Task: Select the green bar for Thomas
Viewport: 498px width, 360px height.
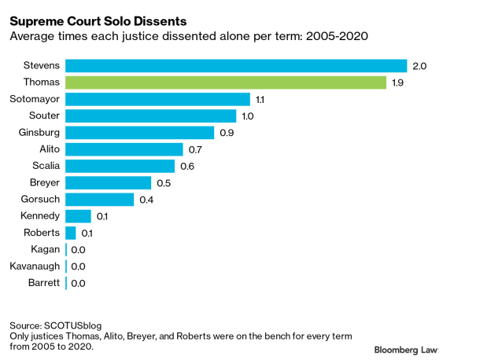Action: coord(226,83)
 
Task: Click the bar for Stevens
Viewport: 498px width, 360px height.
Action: coord(236,66)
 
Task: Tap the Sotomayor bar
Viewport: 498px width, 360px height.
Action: coord(157,99)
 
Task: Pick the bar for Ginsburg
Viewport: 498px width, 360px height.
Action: coord(139,133)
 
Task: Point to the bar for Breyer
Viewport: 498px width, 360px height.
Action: coord(108,182)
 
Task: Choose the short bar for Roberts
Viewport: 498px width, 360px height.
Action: coord(71,233)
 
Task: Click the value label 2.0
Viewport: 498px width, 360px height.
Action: coord(419,66)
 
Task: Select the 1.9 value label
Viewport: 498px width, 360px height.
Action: coord(399,83)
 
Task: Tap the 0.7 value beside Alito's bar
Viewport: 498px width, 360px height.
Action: coord(195,149)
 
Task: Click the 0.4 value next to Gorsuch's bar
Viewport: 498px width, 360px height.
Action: coord(146,200)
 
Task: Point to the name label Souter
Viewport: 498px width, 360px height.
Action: coord(43,116)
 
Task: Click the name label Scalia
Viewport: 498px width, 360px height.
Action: coord(45,166)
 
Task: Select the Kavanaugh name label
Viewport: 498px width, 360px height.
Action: coord(35,266)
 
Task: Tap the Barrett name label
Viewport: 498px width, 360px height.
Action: coord(43,283)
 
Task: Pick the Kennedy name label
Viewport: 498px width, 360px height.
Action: coord(39,216)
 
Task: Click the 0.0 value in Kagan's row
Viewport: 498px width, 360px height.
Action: coord(78,250)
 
